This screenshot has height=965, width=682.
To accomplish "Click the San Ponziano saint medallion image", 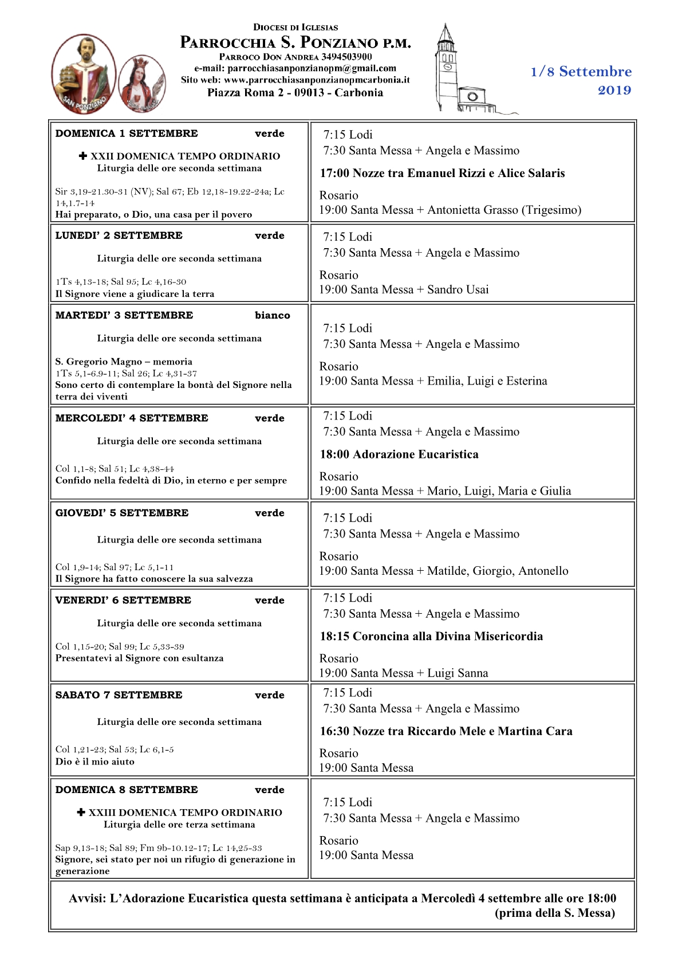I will [x=84, y=73].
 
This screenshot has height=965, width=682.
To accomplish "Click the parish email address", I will [x=312, y=68].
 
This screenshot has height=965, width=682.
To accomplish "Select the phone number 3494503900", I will [x=346, y=57].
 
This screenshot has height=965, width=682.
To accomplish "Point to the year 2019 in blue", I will [x=614, y=91].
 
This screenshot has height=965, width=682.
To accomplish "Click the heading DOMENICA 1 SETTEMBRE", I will [x=127, y=134].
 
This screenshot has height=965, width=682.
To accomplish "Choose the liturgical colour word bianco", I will [x=272, y=315].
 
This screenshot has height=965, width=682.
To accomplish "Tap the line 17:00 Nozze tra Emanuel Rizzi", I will [x=442, y=173].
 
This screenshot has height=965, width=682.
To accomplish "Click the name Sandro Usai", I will [x=458, y=289].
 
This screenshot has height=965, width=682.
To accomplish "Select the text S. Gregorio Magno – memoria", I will [x=124, y=362].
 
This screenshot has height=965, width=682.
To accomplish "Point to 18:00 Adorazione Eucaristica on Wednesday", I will [x=399, y=454].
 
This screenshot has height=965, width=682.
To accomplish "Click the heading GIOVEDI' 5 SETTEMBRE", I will [x=122, y=513].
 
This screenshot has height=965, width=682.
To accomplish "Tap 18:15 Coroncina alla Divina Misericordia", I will [x=431, y=636].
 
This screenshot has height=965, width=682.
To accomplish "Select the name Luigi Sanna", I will [x=458, y=673].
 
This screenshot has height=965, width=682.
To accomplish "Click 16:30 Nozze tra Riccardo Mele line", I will [x=446, y=731].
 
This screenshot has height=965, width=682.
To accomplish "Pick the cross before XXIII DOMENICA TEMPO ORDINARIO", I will [x=81, y=813].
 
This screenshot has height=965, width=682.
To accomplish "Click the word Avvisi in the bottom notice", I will [x=86, y=899].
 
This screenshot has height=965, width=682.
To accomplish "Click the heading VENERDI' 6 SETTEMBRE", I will [x=123, y=600].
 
